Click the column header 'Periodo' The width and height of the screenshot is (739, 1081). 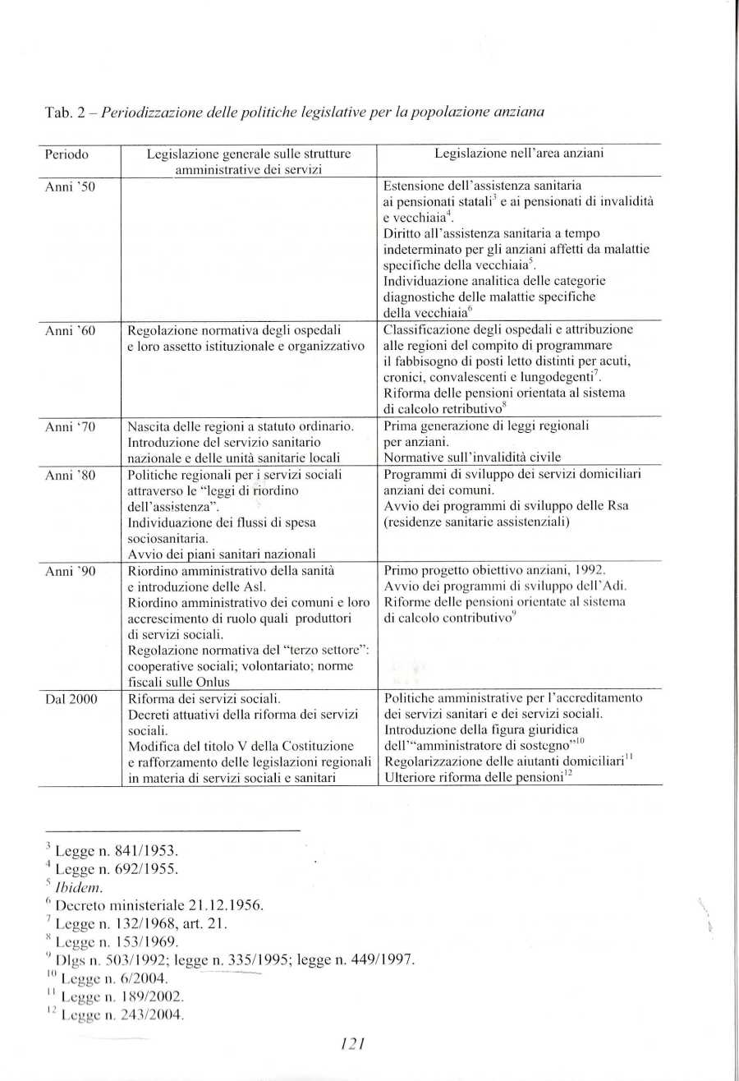click(67, 153)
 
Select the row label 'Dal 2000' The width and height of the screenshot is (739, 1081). click(71, 699)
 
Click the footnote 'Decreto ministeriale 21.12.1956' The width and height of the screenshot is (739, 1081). click(158, 905)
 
